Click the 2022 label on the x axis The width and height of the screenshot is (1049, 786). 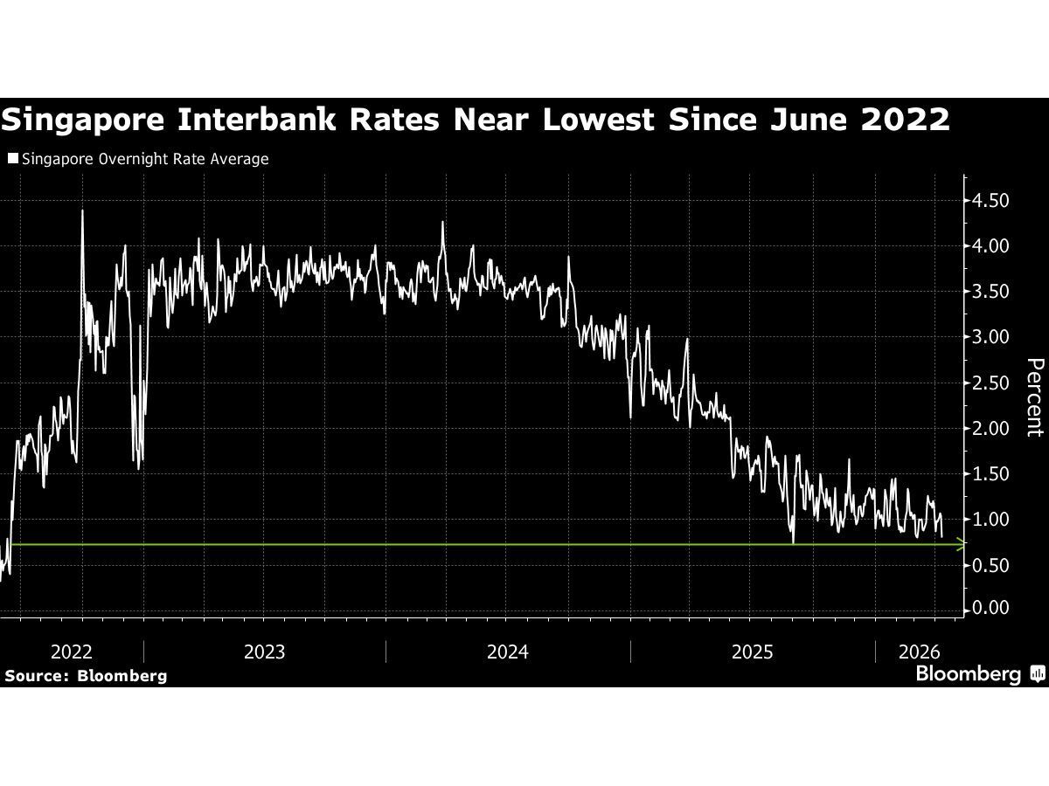(72, 652)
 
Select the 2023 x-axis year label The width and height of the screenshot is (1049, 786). (264, 652)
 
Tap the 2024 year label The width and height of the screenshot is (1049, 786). (508, 652)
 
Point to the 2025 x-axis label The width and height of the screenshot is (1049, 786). (752, 652)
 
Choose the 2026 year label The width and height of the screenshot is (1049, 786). (919, 652)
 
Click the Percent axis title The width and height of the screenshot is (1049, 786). (1034, 396)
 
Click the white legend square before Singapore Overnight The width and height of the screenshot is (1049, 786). (12, 159)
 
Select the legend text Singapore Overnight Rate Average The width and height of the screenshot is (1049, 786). (144, 159)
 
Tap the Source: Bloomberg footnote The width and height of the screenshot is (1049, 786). (86, 675)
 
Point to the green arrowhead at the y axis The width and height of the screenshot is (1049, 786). (962, 545)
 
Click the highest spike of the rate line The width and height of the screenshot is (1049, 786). (82, 210)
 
